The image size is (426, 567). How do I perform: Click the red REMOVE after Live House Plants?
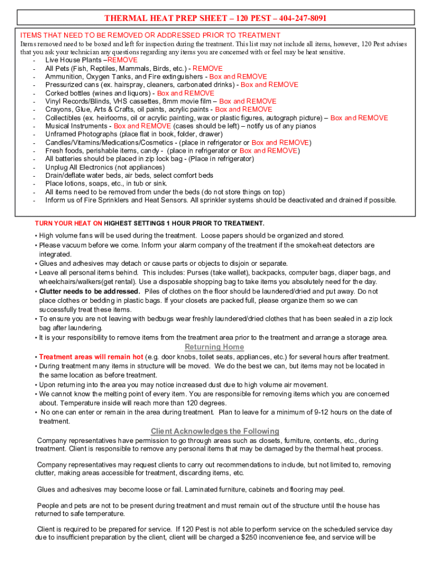[122, 60]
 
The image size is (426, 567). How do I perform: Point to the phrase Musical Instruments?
[76, 126]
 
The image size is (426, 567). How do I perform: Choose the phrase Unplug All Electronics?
[78, 167]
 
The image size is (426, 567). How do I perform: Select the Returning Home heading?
[214, 347]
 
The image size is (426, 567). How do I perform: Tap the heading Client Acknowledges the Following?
[215, 431]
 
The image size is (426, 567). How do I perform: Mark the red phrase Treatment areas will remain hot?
[91, 357]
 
